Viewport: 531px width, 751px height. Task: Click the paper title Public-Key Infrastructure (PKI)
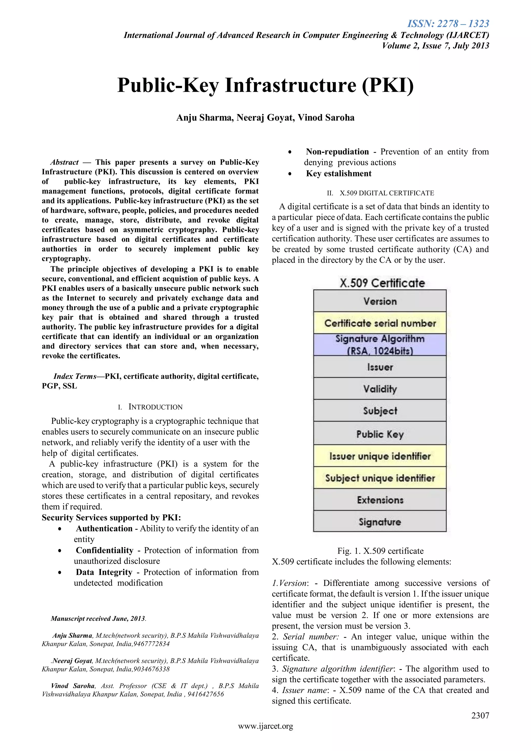tap(265, 85)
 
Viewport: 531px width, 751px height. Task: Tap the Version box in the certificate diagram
tap(380, 301)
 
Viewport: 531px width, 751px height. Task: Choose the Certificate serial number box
tap(380, 323)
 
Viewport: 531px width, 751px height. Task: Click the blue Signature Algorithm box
tap(380, 344)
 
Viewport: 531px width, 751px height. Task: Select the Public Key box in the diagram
tap(380, 434)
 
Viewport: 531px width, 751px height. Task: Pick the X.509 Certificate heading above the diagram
tap(382, 283)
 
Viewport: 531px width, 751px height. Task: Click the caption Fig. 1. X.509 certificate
tap(380, 551)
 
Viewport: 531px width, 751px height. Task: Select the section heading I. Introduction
tap(150, 407)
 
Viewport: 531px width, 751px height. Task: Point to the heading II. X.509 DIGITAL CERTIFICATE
tap(380, 193)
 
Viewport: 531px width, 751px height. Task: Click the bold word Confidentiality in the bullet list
tap(105, 550)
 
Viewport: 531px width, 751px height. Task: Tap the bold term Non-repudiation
tap(337, 152)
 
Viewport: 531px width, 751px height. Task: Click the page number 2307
tap(480, 715)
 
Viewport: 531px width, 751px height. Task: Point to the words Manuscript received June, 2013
tap(98, 618)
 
